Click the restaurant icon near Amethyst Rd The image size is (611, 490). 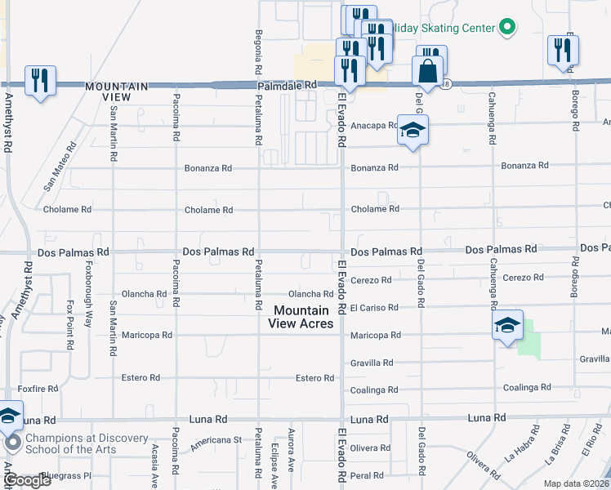[x=40, y=81]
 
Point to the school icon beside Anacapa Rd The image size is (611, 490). [x=413, y=130]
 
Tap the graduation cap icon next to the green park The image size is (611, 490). [x=507, y=325]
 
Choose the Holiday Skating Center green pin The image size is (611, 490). [x=506, y=27]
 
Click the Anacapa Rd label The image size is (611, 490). [x=373, y=126]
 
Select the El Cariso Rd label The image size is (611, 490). [x=373, y=308]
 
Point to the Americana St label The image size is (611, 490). [x=216, y=439]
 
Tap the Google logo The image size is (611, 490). [x=27, y=481]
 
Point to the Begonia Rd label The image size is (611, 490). [x=257, y=49]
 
